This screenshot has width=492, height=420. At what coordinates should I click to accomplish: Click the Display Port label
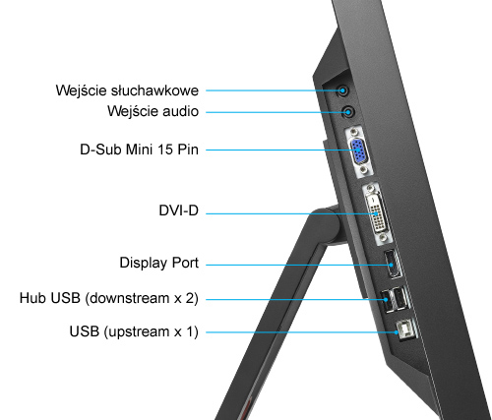(x=159, y=263)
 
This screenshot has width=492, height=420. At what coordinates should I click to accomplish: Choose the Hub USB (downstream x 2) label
(x=108, y=297)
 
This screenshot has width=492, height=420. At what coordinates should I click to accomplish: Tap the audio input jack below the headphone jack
(x=346, y=112)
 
